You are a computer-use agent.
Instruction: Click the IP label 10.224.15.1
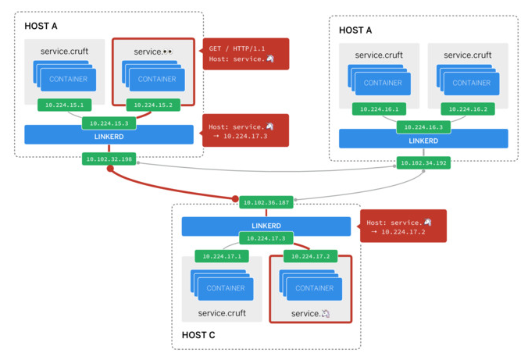(64, 104)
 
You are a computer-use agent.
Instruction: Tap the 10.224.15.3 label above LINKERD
(109, 123)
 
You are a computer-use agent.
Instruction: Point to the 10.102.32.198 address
(109, 159)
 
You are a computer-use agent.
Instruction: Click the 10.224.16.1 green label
(378, 109)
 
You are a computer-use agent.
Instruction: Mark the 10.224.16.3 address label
(423, 127)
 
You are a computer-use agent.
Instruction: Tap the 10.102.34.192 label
(423, 163)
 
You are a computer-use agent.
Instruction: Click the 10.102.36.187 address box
(266, 202)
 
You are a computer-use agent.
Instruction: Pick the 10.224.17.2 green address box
(310, 255)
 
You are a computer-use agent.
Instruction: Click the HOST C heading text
(198, 335)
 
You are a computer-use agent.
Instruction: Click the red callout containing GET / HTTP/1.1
(246, 53)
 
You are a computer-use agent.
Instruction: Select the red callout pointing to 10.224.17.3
(246, 130)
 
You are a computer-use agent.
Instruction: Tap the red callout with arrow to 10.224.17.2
(403, 226)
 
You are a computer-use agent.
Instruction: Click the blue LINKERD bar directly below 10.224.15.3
(109, 134)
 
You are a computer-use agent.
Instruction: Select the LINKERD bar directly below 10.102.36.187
(266, 226)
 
